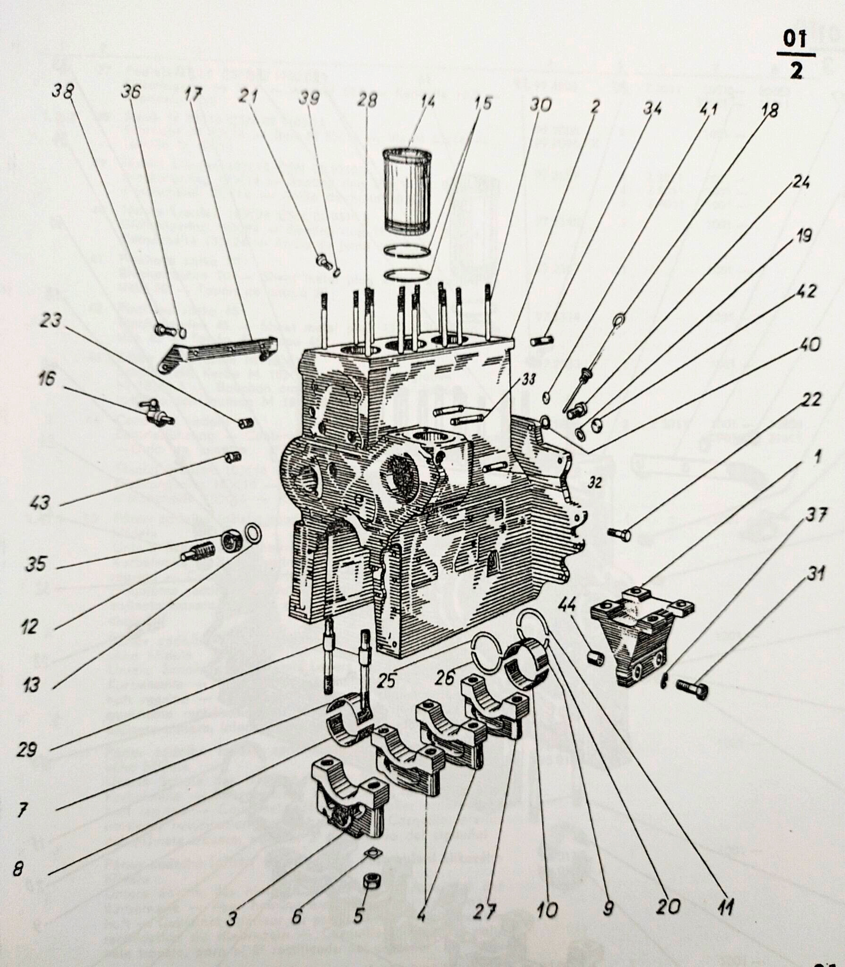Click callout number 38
[x=63, y=91]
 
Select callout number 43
[x=40, y=502]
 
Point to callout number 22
[x=811, y=399]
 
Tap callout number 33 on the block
[x=529, y=379]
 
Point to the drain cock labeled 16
[x=156, y=411]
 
